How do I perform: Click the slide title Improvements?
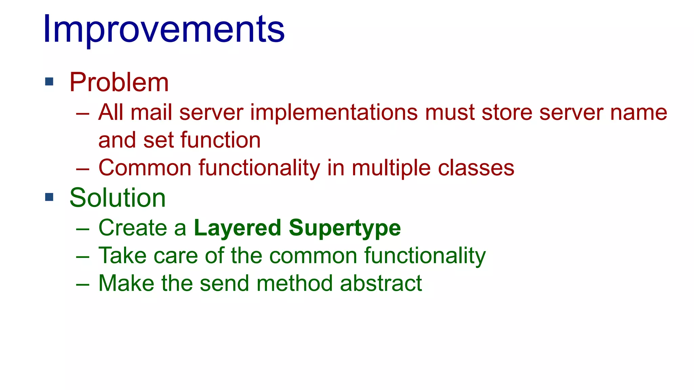pyautogui.click(x=164, y=29)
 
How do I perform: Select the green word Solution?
pyautogui.click(x=118, y=198)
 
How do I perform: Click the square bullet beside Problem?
pyautogui.click(x=49, y=82)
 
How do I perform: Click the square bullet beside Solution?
pyautogui.click(x=49, y=197)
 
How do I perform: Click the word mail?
pyautogui.click(x=151, y=112)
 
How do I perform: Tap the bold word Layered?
pyautogui.click(x=237, y=228)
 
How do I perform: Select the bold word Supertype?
pyautogui.click(x=345, y=228)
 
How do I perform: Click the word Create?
pyautogui.click(x=132, y=227)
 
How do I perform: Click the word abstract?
pyautogui.click(x=381, y=283)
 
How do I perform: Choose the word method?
pyautogui.click(x=294, y=283)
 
